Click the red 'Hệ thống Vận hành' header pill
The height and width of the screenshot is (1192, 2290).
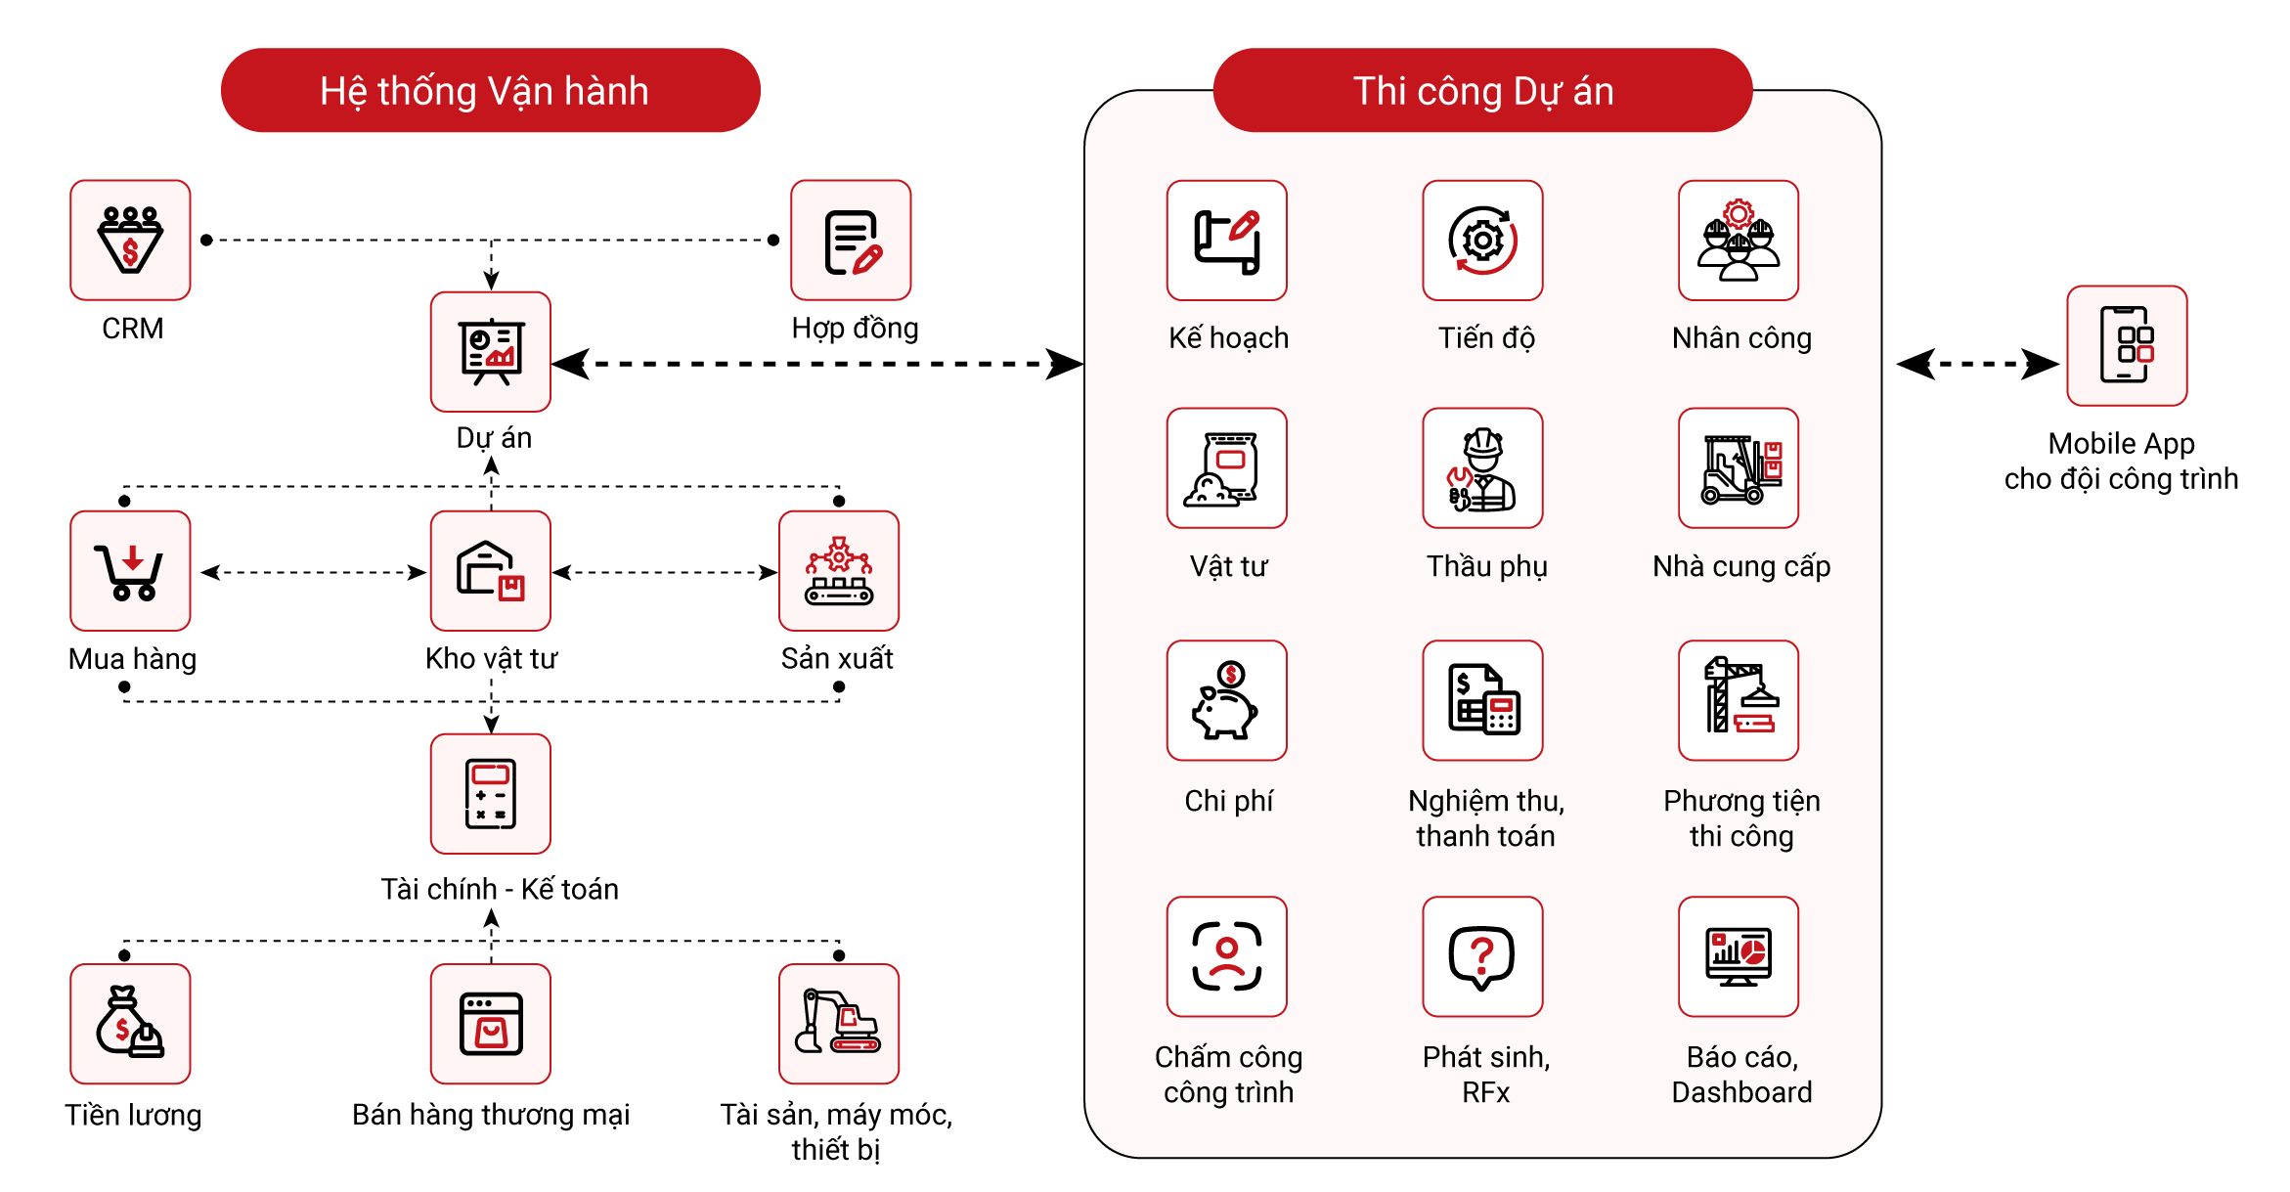pos(490,91)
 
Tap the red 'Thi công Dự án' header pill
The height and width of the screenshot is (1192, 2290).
pos(1482,91)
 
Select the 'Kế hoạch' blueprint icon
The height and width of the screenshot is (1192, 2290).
pos(1226,241)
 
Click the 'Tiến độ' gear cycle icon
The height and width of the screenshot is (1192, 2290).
pos(1482,241)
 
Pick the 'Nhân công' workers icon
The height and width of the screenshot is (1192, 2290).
pos(1738,241)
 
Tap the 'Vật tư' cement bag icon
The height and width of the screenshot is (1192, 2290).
pos(1226,468)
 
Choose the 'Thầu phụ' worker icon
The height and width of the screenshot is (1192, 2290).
pos(1482,468)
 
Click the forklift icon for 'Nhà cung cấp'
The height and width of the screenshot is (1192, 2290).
pos(1738,468)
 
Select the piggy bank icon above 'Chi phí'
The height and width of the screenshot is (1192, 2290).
pos(1226,700)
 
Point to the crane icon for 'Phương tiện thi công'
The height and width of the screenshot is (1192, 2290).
pos(1738,700)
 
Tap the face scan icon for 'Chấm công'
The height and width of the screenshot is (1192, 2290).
pos(1226,956)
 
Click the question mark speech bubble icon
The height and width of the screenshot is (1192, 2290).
pos(1482,956)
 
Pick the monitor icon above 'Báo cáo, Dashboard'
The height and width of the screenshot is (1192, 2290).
pos(1738,956)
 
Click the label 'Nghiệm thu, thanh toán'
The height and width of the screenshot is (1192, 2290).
pos(1485,818)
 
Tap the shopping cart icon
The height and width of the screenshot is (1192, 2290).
pos(130,571)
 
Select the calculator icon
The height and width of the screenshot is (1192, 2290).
pos(490,793)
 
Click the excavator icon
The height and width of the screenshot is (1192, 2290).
pos(839,1024)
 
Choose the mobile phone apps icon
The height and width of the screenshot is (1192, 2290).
pos(2127,345)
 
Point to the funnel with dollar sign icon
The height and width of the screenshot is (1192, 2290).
pos(130,241)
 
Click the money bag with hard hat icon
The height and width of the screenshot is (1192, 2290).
pos(130,1024)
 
